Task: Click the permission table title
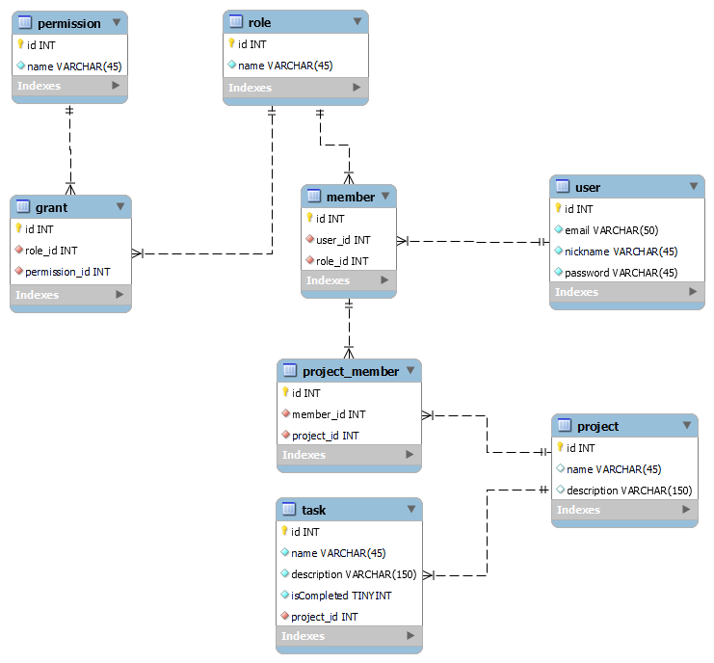coord(68,23)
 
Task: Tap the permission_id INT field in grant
coord(67,272)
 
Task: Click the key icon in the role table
coord(231,43)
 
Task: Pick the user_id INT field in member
coord(343,240)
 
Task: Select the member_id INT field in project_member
coord(328,414)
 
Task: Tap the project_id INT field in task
coord(324,617)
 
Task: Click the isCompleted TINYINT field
coord(341,596)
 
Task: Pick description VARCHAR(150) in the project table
coord(628,491)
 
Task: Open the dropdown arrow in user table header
coord(694,187)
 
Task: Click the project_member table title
coord(350,371)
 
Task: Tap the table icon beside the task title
coord(288,510)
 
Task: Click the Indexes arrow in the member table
coord(384,280)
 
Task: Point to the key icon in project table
coord(559,447)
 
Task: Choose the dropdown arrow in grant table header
coord(119,207)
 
